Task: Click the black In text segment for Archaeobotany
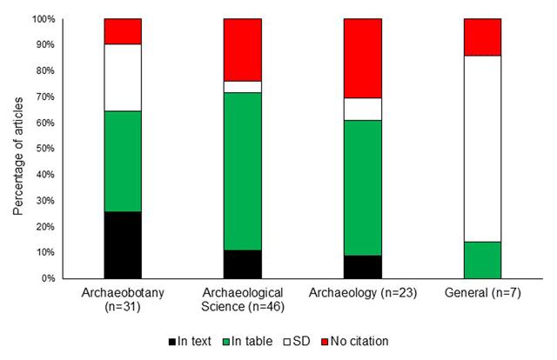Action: click(123, 244)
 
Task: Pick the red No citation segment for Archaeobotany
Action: click(123, 30)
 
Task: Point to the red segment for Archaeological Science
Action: click(242, 50)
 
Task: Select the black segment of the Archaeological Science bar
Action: click(242, 263)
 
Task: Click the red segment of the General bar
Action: click(482, 37)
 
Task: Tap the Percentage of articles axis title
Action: click(18, 150)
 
